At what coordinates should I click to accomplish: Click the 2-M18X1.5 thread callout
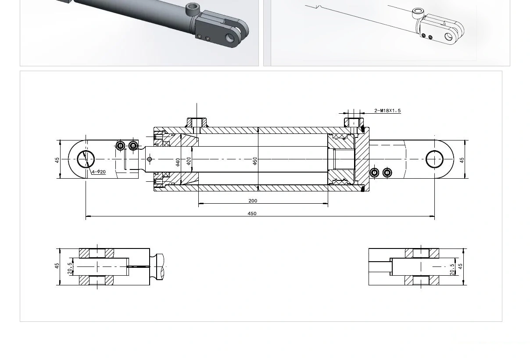(387, 111)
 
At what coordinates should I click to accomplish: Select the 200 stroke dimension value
(253, 201)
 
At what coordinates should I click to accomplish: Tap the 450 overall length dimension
(252, 213)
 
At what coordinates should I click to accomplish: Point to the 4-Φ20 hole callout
(99, 172)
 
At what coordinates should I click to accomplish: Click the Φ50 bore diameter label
(255, 161)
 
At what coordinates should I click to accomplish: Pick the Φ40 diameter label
(178, 162)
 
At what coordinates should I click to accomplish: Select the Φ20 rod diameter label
(189, 161)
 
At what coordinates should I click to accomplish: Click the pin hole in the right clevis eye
(434, 159)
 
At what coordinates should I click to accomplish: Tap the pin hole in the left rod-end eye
(86, 159)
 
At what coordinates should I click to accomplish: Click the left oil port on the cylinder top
(197, 122)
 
